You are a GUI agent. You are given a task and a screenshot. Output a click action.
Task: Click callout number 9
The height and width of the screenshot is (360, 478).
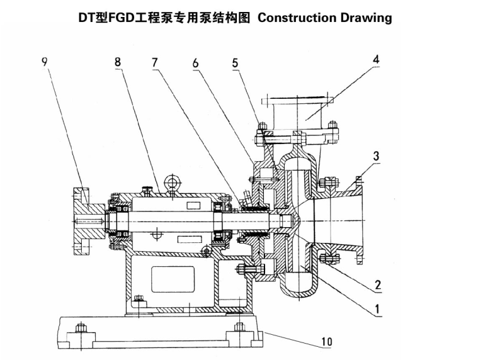tap(44, 62)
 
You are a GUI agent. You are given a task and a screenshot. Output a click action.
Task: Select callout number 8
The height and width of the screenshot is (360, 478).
tap(117, 62)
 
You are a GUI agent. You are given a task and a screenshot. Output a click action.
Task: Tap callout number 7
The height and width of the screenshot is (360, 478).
tap(155, 62)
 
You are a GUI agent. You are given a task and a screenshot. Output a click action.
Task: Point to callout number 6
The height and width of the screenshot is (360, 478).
tap(196, 62)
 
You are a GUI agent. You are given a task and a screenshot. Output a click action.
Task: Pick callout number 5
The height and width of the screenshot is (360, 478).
tap(235, 62)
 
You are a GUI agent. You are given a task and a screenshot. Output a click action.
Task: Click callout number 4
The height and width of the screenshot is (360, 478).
tap(375, 61)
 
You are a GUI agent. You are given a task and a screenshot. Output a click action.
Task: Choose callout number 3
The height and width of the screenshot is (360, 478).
tap(376, 155)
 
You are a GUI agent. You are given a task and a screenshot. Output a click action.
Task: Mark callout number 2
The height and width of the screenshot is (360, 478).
tap(378, 285)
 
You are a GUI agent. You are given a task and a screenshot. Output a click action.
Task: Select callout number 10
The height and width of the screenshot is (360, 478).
tap(327, 342)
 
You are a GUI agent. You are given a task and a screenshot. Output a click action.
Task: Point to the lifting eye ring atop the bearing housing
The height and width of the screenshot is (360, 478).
tap(171, 183)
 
